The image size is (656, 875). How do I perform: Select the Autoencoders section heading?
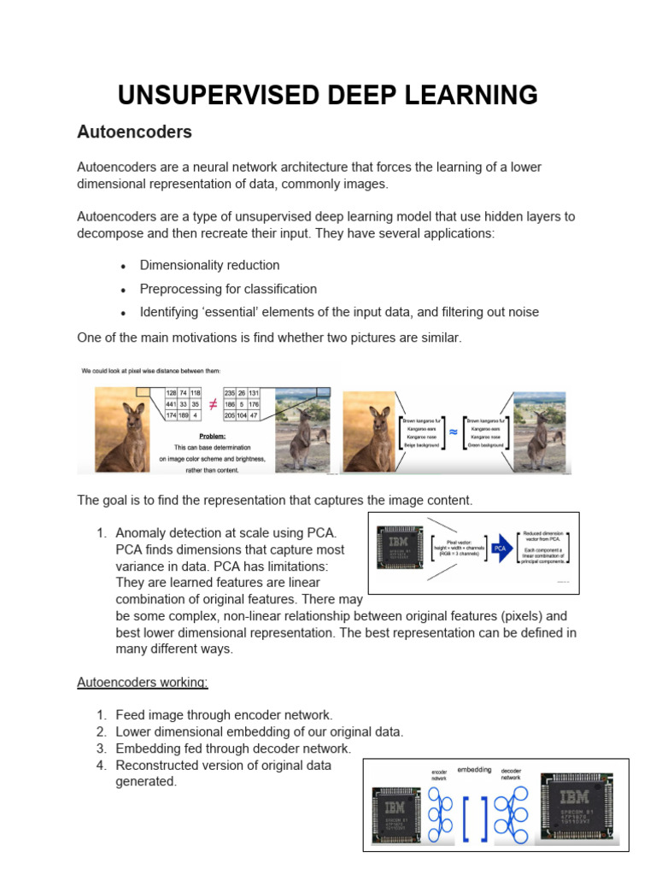(134, 132)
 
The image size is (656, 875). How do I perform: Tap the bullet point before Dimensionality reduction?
(124, 266)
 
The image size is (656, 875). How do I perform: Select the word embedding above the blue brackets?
(474, 770)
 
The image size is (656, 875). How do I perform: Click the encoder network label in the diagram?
(439, 775)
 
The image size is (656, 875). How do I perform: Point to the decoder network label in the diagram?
(511, 775)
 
